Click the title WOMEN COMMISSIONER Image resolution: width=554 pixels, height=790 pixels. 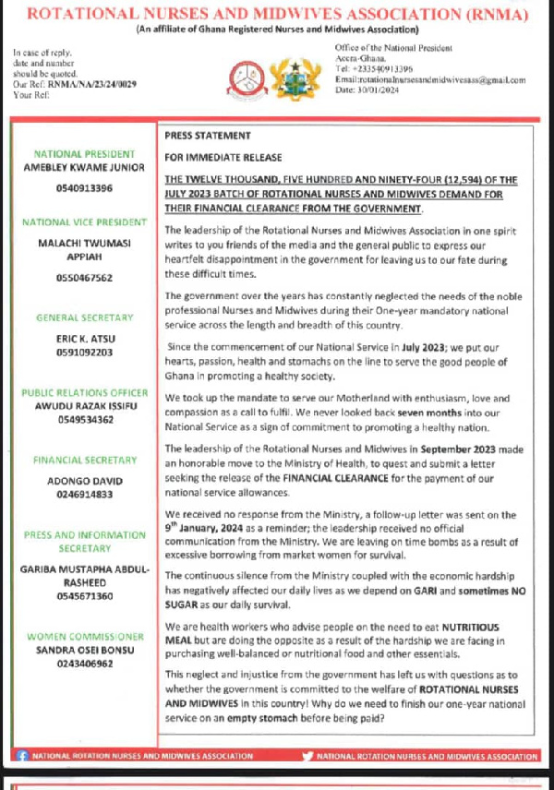(84, 637)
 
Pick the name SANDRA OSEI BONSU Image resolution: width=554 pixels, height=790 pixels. (84, 650)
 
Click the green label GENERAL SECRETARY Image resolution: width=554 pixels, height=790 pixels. (84, 318)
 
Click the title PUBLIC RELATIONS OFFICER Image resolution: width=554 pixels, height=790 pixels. (84, 393)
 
